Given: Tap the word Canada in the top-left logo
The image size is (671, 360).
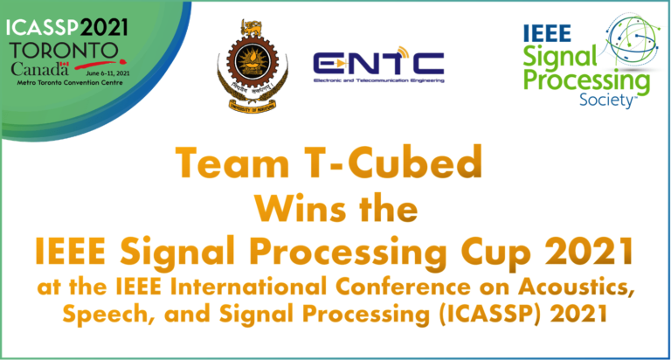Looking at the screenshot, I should (x=35, y=67).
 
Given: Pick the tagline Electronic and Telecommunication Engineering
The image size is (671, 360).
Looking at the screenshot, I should (x=378, y=81).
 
